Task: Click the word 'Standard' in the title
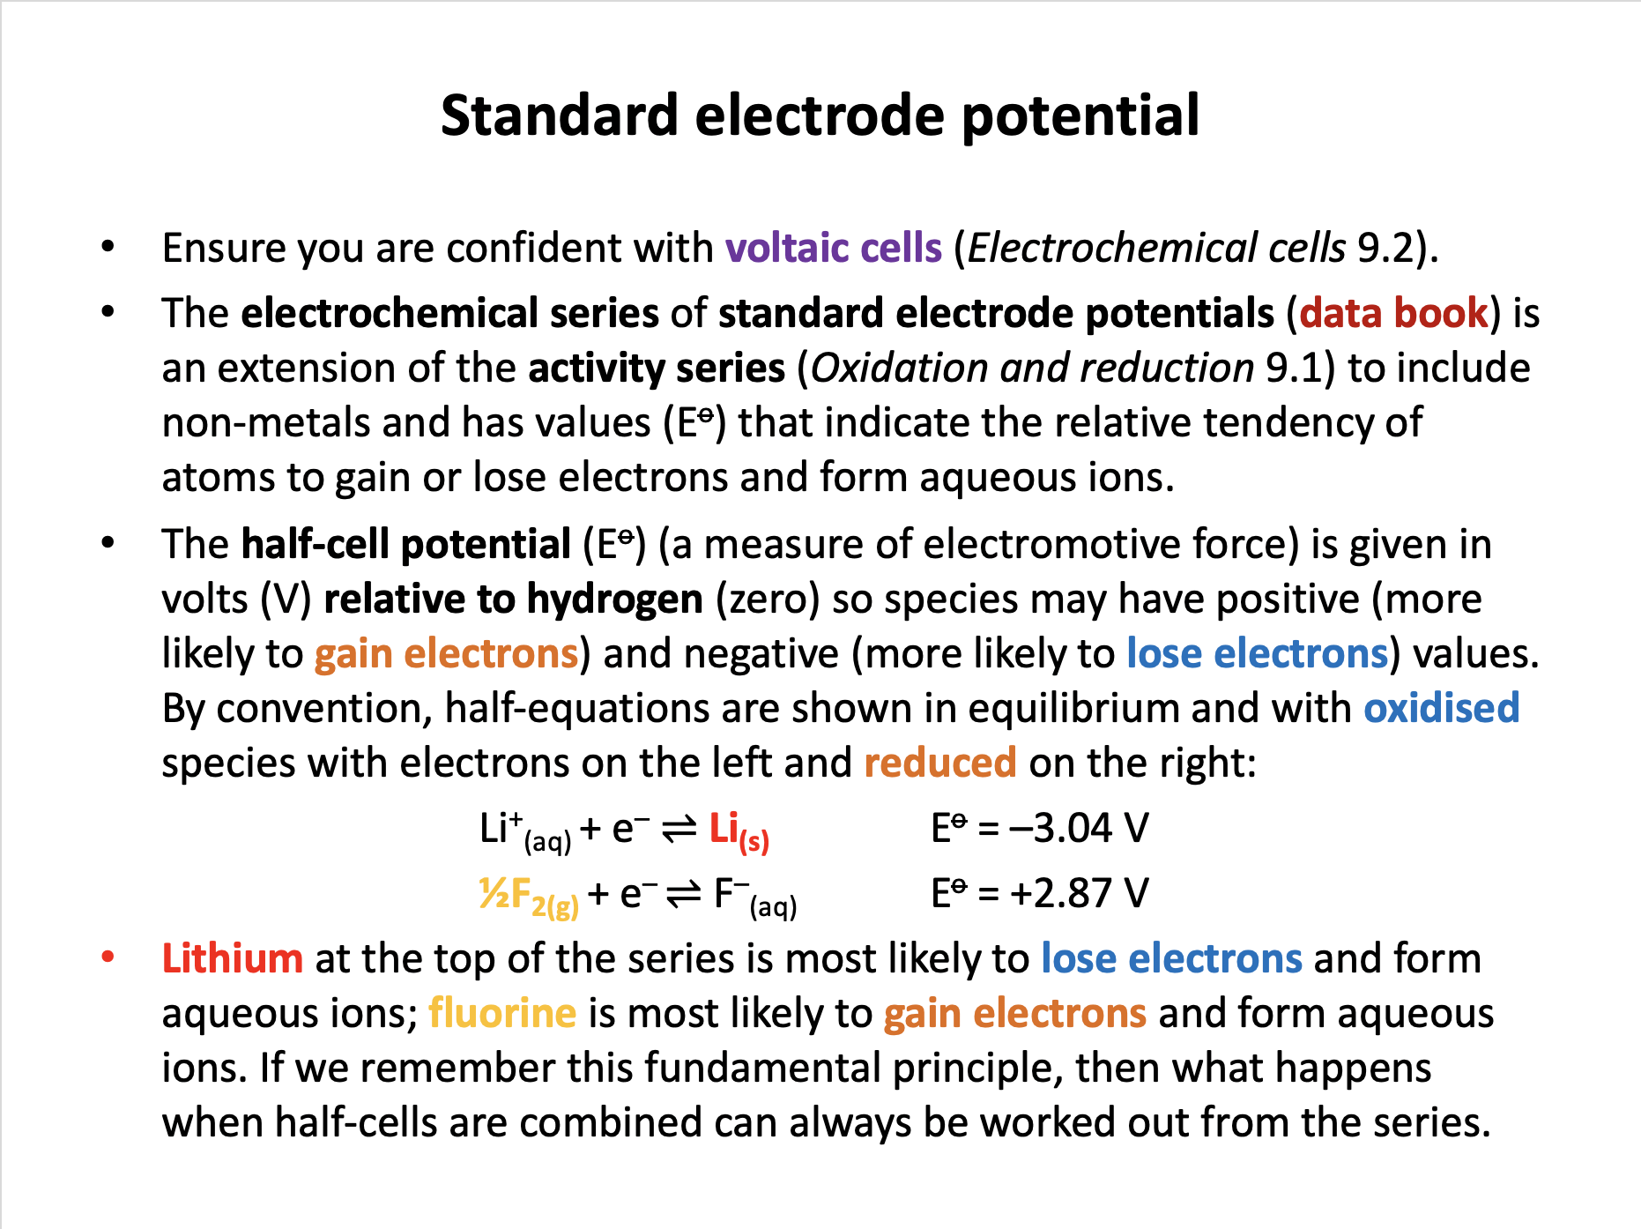[x=560, y=115]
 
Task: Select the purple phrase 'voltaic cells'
[x=834, y=248]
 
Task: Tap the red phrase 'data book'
[x=1393, y=313]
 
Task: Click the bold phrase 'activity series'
[x=657, y=369]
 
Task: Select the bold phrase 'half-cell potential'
[x=406, y=544]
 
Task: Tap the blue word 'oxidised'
[x=1442, y=708]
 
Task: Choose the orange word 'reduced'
[x=940, y=763]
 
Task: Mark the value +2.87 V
[x=1079, y=893]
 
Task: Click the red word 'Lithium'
[x=233, y=958]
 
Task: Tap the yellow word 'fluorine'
[x=502, y=1013]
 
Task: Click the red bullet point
[x=108, y=957]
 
